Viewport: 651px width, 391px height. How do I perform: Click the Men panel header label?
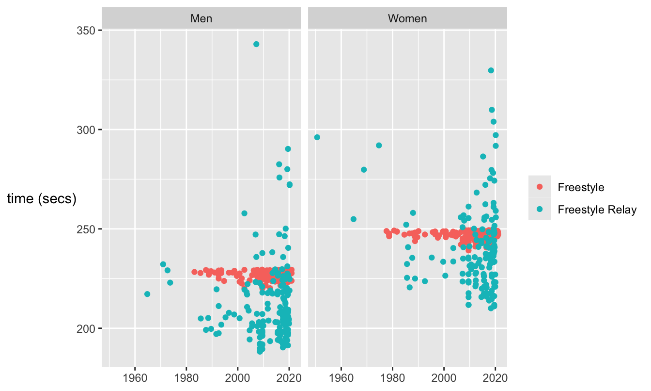pyautogui.click(x=201, y=19)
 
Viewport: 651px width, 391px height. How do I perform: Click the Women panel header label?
pyautogui.click(x=407, y=19)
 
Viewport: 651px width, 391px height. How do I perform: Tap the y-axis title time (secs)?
pyautogui.click(x=42, y=199)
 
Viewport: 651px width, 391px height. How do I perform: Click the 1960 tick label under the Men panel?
pyautogui.click(x=135, y=378)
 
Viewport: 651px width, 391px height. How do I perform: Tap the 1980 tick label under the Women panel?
pyautogui.click(x=393, y=378)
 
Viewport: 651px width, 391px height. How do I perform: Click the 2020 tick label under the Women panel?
pyautogui.click(x=496, y=378)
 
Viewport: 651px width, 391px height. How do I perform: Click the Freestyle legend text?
pyautogui.click(x=581, y=187)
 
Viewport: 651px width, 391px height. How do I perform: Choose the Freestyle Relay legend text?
pyautogui.click(x=597, y=210)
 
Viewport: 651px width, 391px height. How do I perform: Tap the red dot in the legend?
pyautogui.click(x=540, y=187)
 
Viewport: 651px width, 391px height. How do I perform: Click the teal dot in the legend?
pyautogui.click(x=540, y=210)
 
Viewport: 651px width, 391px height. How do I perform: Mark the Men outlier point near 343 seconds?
pyautogui.click(x=256, y=44)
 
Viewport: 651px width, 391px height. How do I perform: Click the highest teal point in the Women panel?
pyautogui.click(x=491, y=70)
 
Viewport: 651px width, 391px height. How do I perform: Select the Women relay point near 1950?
pyautogui.click(x=317, y=137)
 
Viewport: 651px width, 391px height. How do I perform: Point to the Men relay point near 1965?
pyautogui.click(x=147, y=294)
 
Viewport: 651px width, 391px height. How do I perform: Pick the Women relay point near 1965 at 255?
pyautogui.click(x=353, y=219)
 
